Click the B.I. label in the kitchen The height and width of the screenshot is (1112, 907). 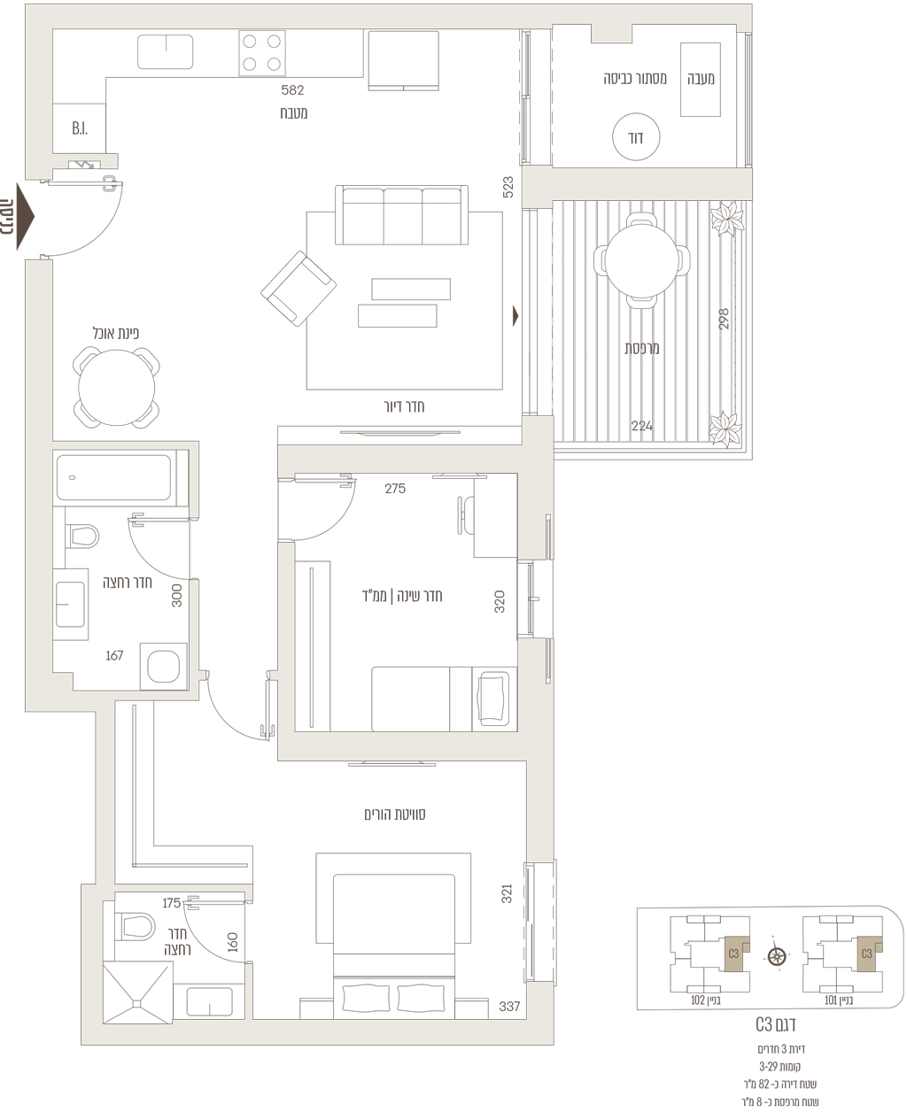click(x=80, y=128)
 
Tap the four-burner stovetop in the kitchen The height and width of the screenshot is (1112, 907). click(x=262, y=53)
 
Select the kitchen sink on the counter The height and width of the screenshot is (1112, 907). click(x=165, y=51)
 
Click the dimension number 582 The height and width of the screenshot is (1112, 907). click(x=292, y=90)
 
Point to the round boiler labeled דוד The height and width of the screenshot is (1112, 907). click(x=636, y=137)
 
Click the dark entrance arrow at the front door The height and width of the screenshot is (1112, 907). click(x=26, y=216)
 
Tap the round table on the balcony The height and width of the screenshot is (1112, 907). click(x=641, y=260)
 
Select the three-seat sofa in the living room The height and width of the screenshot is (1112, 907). click(x=401, y=215)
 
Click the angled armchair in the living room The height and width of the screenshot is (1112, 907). click(x=298, y=289)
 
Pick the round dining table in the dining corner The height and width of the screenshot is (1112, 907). click(x=117, y=388)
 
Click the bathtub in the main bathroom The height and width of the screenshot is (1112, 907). click(x=114, y=478)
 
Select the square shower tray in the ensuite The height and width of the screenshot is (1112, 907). click(x=138, y=992)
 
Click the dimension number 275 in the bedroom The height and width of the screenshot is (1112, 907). click(x=395, y=489)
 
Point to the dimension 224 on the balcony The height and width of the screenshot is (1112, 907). click(x=641, y=426)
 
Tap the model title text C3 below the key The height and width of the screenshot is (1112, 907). click(x=764, y=1024)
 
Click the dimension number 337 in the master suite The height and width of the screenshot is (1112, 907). click(x=509, y=1007)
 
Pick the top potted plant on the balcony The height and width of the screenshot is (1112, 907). click(x=727, y=219)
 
